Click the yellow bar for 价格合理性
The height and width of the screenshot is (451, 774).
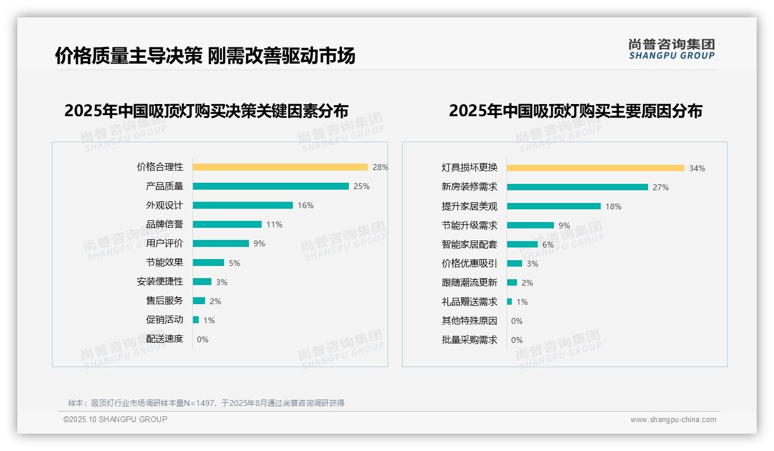pyautogui.click(x=280, y=167)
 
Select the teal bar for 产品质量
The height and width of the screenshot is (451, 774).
pyautogui.click(x=271, y=186)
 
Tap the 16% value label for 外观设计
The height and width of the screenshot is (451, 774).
pyautogui.click(x=306, y=205)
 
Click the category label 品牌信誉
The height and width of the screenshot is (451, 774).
pyautogui.click(x=165, y=224)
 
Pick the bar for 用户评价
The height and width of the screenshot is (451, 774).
pyautogui.click(x=221, y=243)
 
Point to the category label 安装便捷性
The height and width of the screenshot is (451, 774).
pyautogui.click(x=160, y=282)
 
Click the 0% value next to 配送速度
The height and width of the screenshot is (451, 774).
pyautogui.click(x=203, y=339)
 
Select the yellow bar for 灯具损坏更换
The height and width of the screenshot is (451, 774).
pyautogui.click(x=596, y=168)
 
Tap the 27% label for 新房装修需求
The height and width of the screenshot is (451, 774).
pyautogui.click(x=661, y=187)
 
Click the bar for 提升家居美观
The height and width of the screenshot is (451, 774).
pyautogui.click(x=554, y=206)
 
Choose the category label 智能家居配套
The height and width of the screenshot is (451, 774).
pyautogui.click(x=470, y=245)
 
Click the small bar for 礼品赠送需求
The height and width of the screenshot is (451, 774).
pyautogui.click(x=509, y=302)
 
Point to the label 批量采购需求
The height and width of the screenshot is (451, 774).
pyautogui.click(x=470, y=340)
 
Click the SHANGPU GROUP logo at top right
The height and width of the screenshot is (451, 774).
pyautogui.click(x=672, y=49)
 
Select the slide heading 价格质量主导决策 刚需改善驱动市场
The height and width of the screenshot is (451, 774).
pyautogui.click(x=205, y=56)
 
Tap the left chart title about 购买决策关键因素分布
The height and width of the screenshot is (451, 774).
pyautogui.click(x=206, y=111)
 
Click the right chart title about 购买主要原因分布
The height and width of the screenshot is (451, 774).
pyautogui.click(x=575, y=111)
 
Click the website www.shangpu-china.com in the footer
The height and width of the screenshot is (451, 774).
pyautogui.click(x=673, y=420)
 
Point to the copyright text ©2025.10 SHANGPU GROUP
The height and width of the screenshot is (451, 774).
pyautogui.click(x=116, y=419)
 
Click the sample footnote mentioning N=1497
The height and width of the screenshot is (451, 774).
pyautogui.click(x=206, y=403)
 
